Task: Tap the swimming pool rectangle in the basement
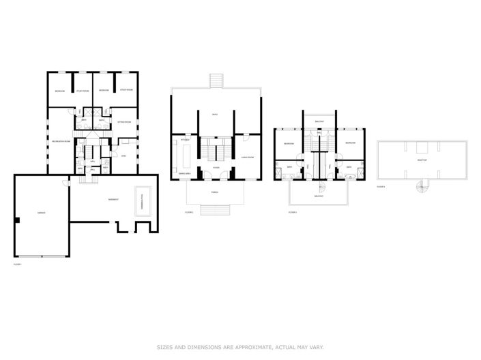pyautogui.click(x=143, y=202)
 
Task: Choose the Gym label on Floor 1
pyautogui.click(x=123, y=155)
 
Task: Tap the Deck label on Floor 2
pyautogui.click(x=215, y=115)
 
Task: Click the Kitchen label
pyautogui.click(x=184, y=140)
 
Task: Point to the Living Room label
pyautogui.click(x=247, y=157)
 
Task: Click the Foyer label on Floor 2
pyautogui.click(x=215, y=167)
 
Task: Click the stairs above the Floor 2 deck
pyautogui.click(x=216, y=80)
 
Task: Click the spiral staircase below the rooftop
pyautogui.click(x=423, y=185)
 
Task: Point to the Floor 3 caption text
pyautogui.click(x=292, y=213)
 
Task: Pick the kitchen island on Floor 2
pyautogui.click(x=186, y=157)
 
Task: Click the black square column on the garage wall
pyautogui.click(x=16, y=220)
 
